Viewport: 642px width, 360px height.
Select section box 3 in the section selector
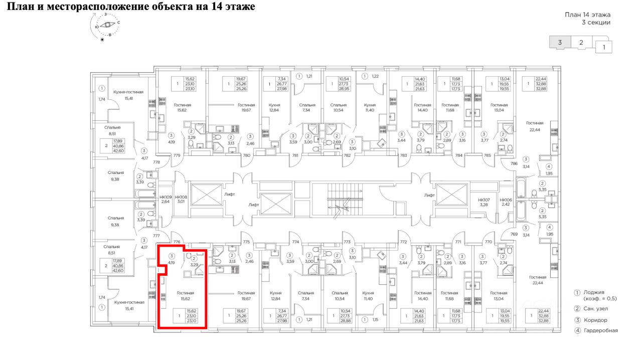(x=560, y=43)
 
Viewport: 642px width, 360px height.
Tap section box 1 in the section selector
(x=604, y=48)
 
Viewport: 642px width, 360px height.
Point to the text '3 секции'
(x=596, y=23)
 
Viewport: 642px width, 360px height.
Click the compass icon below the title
(x=105, y=25)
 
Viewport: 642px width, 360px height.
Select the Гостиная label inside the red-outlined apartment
(x=185, y=292)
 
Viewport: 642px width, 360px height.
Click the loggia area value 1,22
(x=376, y=76)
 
